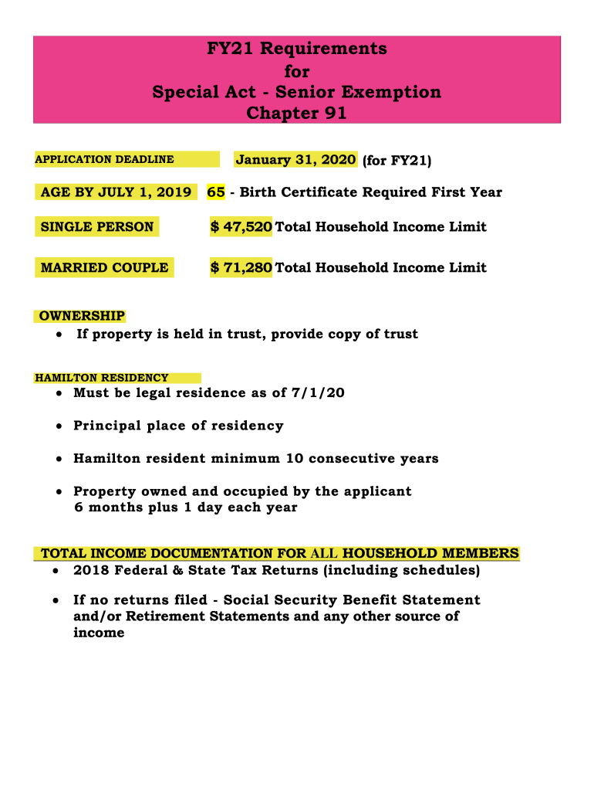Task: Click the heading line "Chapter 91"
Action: pos(296,114)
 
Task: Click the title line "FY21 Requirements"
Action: pos(297,49)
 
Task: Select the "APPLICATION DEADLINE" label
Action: pos(104,160)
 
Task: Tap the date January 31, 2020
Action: pos(295,160)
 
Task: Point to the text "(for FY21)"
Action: pos(397,161)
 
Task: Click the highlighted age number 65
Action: pos(216,192)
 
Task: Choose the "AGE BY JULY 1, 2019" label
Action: pos(116,192)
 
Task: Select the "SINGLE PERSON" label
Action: pos(97,227)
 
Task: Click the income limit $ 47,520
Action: pos(241,227)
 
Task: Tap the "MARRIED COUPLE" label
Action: pos(104,268)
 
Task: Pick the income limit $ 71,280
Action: pos(241,268)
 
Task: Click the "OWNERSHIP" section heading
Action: pos(82,316)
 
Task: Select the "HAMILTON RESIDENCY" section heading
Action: pos(101,378)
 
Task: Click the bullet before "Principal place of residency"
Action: pos(59,426)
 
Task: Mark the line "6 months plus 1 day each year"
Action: pos(185,508)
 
